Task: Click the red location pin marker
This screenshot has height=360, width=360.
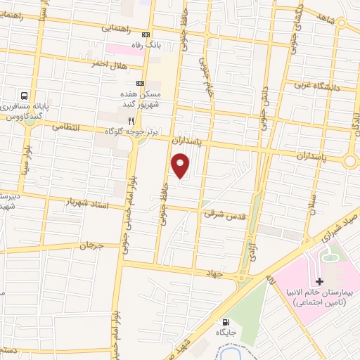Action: (x=181, y=166)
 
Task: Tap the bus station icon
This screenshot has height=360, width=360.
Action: (x=25, y=96)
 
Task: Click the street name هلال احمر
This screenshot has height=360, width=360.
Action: (x=107, y=65)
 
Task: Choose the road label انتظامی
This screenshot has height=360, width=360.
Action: (x=68, y=127)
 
